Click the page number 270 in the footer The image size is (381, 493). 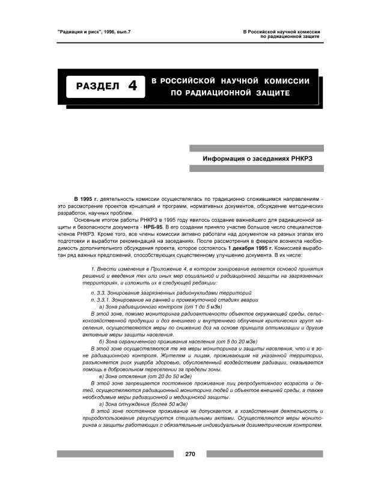click(190, 455)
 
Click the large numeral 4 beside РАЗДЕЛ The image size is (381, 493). click(132, 87)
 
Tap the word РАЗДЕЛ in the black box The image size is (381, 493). click(98, 87)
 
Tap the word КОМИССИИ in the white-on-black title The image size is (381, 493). click(290, 80)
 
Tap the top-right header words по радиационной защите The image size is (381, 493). click(289, 36)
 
